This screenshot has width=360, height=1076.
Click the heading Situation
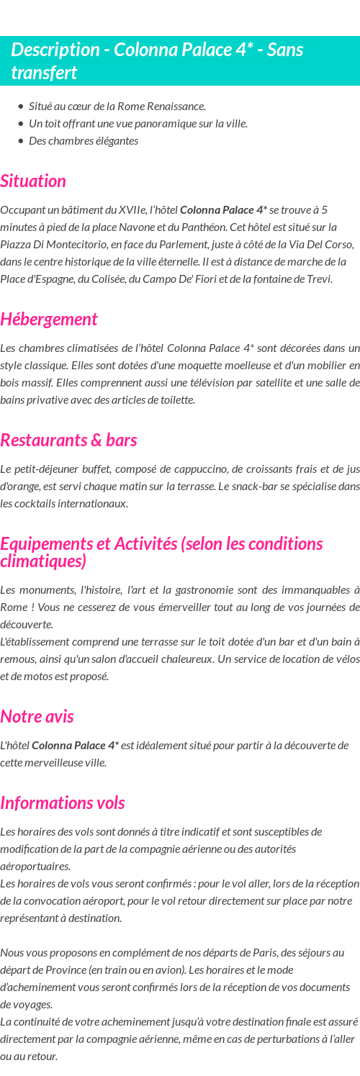pos(33,181)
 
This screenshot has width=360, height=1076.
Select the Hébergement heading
pos(49,319)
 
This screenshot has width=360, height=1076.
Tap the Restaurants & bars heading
pos(68,440)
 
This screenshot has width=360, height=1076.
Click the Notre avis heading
pos(37,716)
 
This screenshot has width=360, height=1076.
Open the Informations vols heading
pos(63,803)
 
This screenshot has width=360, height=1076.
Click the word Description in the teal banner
pos(55,50)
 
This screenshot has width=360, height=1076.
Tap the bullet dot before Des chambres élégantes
pos(21,141)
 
